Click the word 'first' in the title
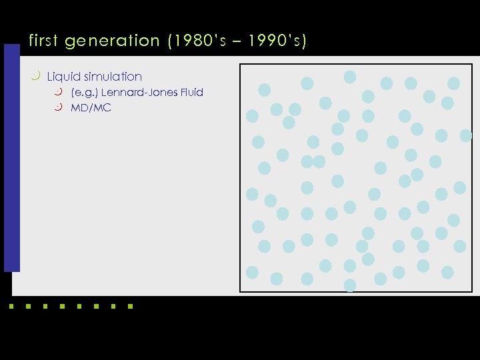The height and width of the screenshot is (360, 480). [45, 41]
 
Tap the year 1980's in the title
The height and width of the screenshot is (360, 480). [197, 41]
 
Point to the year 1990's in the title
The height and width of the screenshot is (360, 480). [275, 41]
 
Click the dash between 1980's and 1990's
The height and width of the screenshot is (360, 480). [235, 41]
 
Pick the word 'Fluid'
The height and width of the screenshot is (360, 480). [191, 92]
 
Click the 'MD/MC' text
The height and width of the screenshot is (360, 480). [91, 107]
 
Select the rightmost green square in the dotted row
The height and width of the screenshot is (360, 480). [130, 307]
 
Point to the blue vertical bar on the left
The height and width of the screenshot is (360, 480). [11, 158]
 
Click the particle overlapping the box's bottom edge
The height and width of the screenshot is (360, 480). [350, 285]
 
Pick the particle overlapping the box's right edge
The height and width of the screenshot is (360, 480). [465, 135]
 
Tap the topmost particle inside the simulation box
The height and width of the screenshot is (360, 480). [350, 77]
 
